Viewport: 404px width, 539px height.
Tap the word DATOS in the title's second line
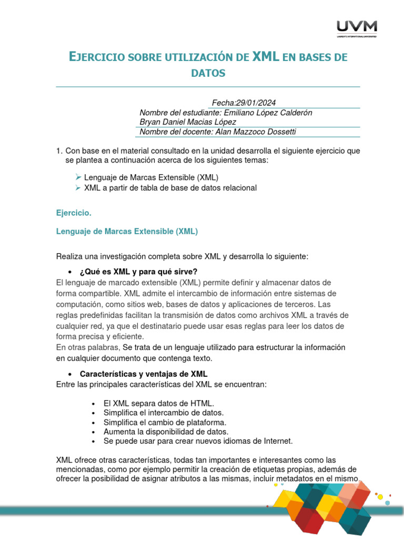pos(208,73)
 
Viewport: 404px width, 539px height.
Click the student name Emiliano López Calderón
pos(268,113)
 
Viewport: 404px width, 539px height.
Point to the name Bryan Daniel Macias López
pos(188,122)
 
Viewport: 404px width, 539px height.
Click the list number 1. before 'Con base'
pos(59,151)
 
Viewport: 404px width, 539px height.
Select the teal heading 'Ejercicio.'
pos(74,213)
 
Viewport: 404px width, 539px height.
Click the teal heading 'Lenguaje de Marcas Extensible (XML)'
pos(127,231)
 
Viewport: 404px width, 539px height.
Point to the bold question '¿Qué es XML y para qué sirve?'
pos(138,272)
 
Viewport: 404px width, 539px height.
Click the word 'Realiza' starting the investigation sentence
pos(69,256)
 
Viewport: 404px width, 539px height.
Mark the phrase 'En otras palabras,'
pos(88,347)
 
